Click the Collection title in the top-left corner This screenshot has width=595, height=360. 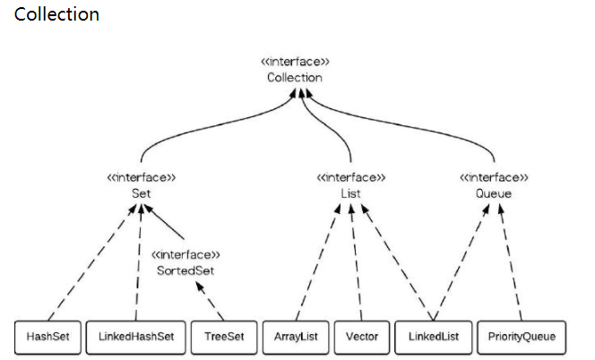click(x=56, y=15)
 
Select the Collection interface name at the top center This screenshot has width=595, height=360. click(x=294, y=78)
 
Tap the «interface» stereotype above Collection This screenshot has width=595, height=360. click(x=294, y=62)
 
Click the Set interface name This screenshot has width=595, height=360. click(x=141, y=193)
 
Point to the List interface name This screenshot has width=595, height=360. click(x=351, y=193)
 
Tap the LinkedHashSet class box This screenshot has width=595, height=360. click(x=136, y=338)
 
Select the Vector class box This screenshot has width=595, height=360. click(x=361, y=338)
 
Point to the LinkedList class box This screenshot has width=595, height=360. click(x=433, y=338)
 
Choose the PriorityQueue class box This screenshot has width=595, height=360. click(x=521, y=338)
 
